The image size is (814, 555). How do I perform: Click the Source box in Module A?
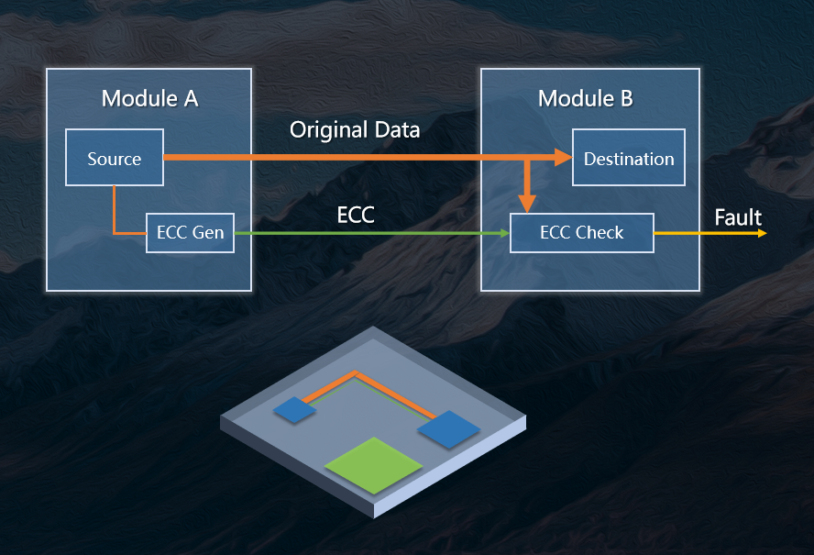point(115,158)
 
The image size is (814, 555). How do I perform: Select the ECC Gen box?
point(190,233)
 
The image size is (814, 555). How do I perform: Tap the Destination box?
point(629,158)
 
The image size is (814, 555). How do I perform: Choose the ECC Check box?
point(581,233)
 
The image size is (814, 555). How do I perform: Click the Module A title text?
point(150,98)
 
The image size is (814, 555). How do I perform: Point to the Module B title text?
point(586,98)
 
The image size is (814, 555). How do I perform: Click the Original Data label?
point(355,130)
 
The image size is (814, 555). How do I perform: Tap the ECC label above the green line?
point(356,215)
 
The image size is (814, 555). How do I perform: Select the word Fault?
point(738,217)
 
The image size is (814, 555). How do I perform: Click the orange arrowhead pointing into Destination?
point(563,157)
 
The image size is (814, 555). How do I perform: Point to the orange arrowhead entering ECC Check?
point(527,204)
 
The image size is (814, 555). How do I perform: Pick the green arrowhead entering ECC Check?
point(504,233)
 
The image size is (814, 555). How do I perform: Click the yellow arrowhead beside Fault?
point(763,233)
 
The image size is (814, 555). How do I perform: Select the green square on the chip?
point(374,466)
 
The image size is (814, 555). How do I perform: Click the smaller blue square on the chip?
point(295,410)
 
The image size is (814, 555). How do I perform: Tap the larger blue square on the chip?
point(449,429)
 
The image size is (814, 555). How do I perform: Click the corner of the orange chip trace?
point(356,372)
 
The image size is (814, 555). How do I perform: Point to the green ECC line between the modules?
point(371,233)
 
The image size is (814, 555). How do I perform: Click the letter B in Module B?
point(627,98)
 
